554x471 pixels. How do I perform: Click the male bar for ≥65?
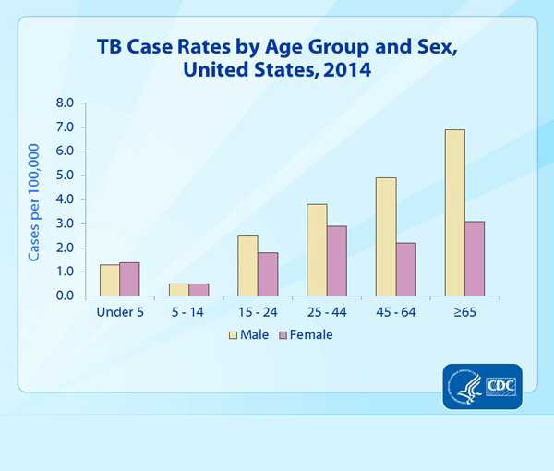pos(454,212)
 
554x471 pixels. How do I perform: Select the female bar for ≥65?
pos(475,259)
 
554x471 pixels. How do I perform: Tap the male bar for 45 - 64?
pos(385,236)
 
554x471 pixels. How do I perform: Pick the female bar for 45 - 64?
pos(406,269)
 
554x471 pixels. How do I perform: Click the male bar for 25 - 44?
pos(317,249)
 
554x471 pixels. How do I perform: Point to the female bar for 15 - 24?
pos(268,273)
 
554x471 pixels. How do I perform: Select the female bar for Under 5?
pos(130,279)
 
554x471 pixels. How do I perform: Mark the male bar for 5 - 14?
pos(178,289)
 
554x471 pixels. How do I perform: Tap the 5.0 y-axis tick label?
pos(65,175)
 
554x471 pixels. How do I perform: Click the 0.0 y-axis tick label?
pos(65,296)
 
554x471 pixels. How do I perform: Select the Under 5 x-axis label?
pos(120,311)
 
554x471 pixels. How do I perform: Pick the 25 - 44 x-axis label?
pos(327,311)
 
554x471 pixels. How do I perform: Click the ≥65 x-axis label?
pos(464,311)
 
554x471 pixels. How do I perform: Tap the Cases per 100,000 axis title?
pos(34,201)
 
